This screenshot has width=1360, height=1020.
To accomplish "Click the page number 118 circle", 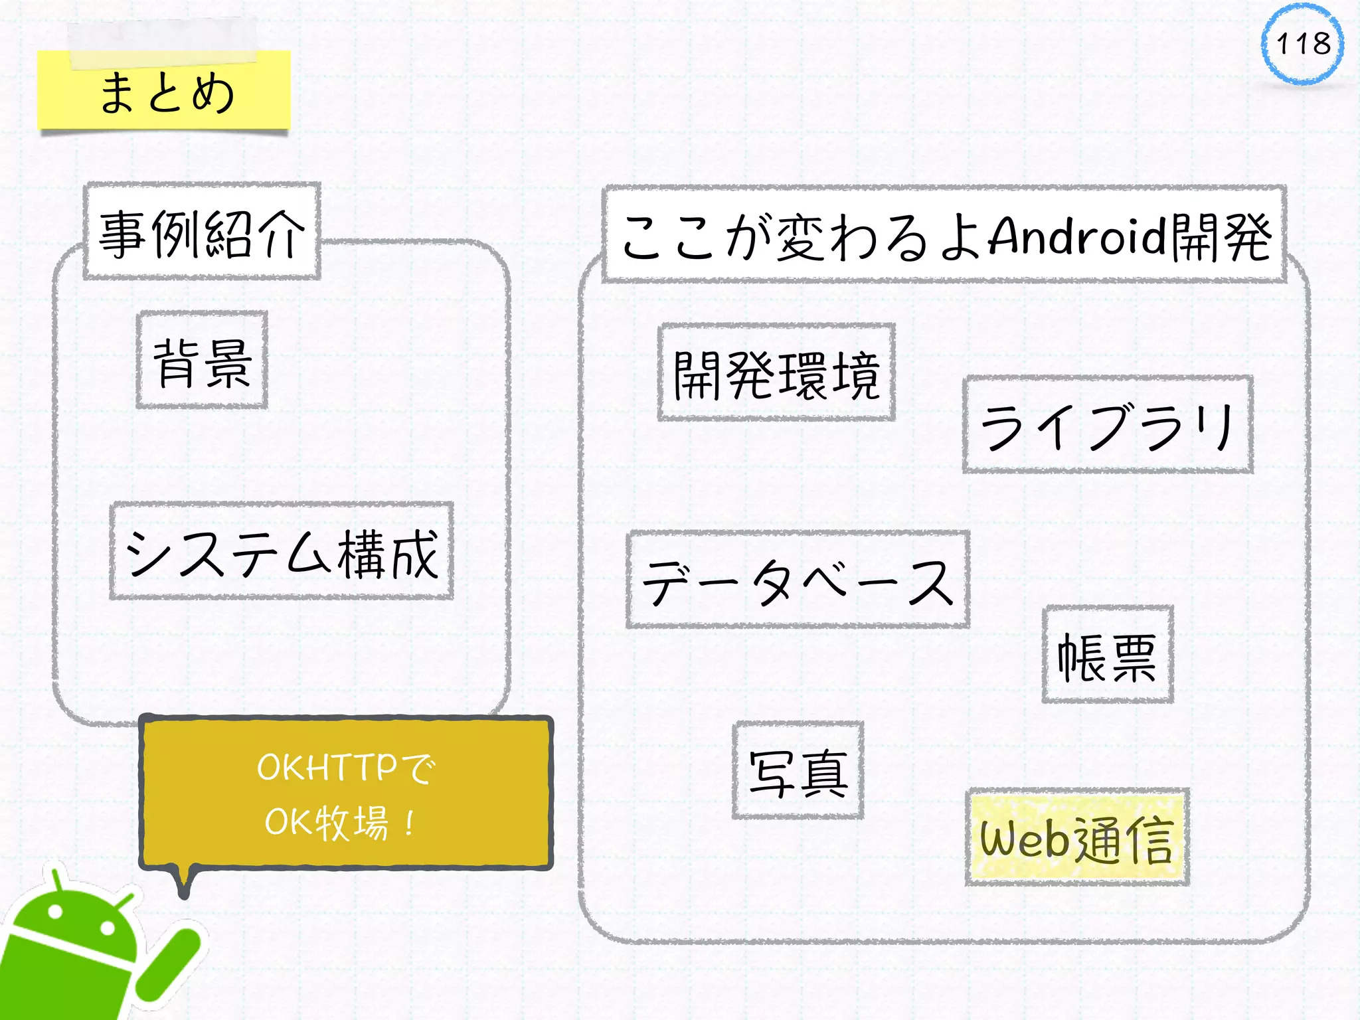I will pos(1302,44).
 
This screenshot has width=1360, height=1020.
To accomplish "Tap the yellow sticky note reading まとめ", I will pos(164,91).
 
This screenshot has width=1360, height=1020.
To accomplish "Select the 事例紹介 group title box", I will pos(202,232).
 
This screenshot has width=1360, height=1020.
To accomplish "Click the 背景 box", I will pos(202,361).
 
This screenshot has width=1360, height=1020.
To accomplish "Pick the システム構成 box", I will pos(282,552).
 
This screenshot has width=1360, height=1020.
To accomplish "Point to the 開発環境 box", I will pos(776,373).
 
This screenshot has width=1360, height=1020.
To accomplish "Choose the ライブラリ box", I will pos(1108,425).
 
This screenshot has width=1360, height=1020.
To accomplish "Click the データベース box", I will pos(798,580).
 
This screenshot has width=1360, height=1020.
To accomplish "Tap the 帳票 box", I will pos(1108,655).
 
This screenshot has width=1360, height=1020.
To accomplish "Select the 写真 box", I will pos(798,770).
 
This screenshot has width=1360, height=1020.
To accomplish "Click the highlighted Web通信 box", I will pos(1076,838).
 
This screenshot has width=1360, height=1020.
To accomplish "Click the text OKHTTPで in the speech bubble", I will pos(345,768).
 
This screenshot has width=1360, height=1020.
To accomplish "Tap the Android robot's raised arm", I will pos(170,963).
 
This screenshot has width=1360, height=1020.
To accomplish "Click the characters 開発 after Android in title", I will pos(1221,236).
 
